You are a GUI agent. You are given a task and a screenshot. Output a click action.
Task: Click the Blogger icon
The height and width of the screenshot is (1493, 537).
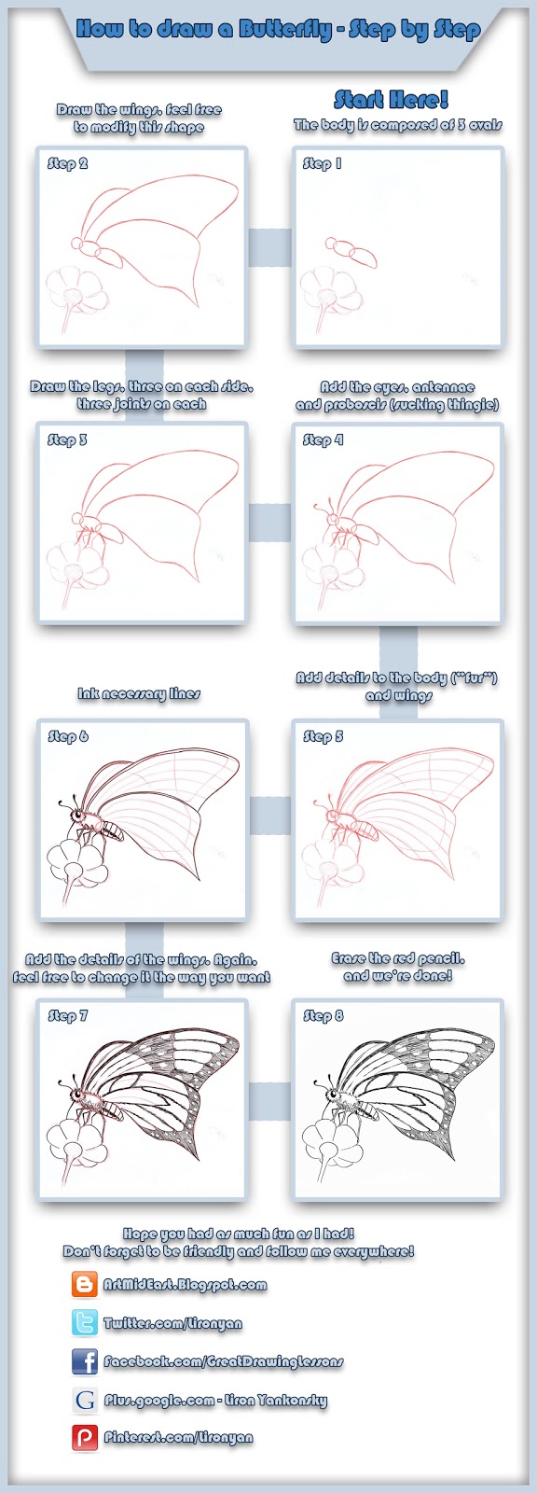coord(85,1285)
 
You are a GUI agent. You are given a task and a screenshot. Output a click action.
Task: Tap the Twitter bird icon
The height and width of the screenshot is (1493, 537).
coord(85,1323)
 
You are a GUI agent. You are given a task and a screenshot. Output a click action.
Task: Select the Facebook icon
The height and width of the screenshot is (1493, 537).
coord(85,1361)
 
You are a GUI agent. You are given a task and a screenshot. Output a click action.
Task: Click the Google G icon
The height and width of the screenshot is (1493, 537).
coord(85,1400)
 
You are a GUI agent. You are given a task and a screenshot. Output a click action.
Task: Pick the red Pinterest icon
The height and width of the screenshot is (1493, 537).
coord(85,1438)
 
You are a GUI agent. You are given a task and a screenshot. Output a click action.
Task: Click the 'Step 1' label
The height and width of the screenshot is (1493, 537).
coord(323,163)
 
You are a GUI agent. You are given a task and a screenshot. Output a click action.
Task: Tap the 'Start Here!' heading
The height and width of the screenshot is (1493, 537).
coord(392,100)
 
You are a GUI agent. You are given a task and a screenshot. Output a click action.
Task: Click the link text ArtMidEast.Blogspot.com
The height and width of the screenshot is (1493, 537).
coord(185,1285)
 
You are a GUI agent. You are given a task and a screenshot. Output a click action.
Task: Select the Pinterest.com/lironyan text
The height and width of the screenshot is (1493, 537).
coord(178,1438)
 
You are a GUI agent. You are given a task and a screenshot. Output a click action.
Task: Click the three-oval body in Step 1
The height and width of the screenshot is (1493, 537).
coord(351,251)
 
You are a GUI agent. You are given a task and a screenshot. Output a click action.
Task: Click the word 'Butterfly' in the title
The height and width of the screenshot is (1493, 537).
coord(285,29)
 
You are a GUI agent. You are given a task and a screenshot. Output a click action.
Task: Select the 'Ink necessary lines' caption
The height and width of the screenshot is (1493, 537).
coord(139,693)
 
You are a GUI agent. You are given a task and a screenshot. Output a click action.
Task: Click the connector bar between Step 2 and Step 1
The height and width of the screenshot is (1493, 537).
coord(270,247)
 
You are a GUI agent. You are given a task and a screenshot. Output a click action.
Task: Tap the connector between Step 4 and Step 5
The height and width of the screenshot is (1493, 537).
coord(398,648)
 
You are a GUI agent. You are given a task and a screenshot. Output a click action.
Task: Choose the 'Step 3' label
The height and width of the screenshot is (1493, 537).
coord(67,440)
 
